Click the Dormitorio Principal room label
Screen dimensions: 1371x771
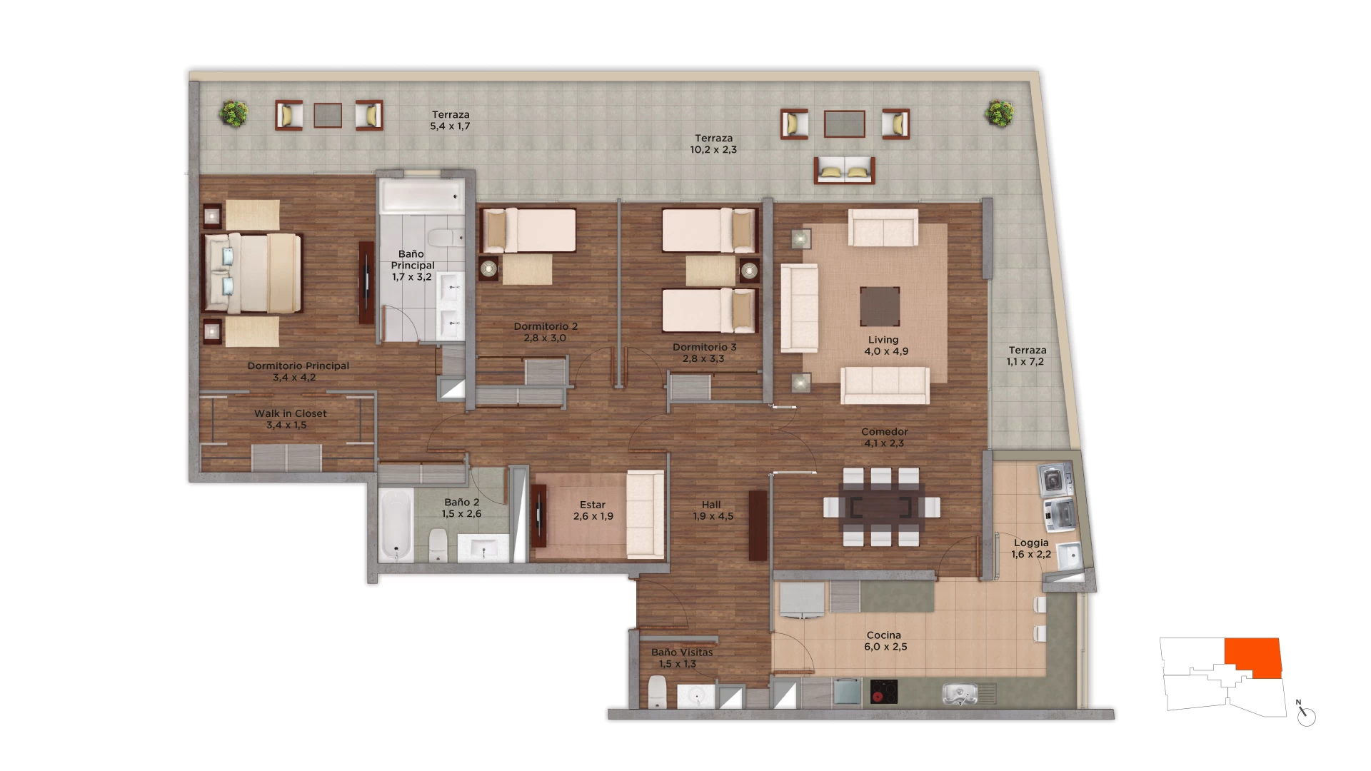click(x=298, y=371)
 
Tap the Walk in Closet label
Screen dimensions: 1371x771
click(x=290, y=419)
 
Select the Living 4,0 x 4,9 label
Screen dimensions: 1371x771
click(x=886, y=346)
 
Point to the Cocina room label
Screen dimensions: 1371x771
click(x=885, y=641)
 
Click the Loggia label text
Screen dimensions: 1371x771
click(x=1031, y=543)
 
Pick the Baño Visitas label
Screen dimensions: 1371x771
click(x=681, y=658)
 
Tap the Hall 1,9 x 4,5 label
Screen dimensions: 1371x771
click(x=713, y=510)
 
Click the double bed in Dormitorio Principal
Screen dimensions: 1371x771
click(x=252, y=273)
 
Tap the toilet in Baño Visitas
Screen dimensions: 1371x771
click(x=657, y=692)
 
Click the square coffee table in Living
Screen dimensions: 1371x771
click(x=880, y=306)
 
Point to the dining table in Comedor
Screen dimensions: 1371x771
click(x=881, y=507)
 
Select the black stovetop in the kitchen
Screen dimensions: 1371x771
click(x=884, y=692)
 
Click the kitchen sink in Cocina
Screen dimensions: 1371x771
click(x=960, y=694)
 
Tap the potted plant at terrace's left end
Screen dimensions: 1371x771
click(x=233, y=113)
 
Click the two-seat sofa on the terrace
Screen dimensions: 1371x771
click(x=845, y=171)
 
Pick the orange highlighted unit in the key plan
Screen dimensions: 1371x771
click(x=1253, y=657)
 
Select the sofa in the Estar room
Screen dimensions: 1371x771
click(x=646, y=514)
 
